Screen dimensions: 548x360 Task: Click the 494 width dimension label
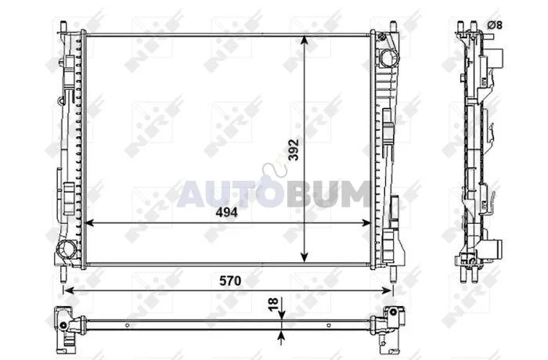pyautogui.click(x=226, y=212)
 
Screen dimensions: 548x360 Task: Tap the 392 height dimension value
pyautogui.click(x=294, y=150)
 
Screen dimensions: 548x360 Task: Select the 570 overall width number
pyautogui.click(x=230, y=281)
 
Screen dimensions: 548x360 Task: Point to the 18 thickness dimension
pyautogui.click(x=274, y=303)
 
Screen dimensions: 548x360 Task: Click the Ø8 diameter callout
pyautogui.click(x=495, y=25)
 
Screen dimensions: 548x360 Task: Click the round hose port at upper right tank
pyautogui.click(x=388, y=58)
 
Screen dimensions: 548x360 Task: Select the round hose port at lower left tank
pyautogui.click(x=67, y=249)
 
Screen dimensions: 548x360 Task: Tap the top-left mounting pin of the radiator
pyautogui.click(x=63, y=27)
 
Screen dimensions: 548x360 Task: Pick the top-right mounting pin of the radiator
pyautogui.click(x=393, y=27)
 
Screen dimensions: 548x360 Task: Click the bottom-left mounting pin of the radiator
pyautogui.click(x=63, y=274)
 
